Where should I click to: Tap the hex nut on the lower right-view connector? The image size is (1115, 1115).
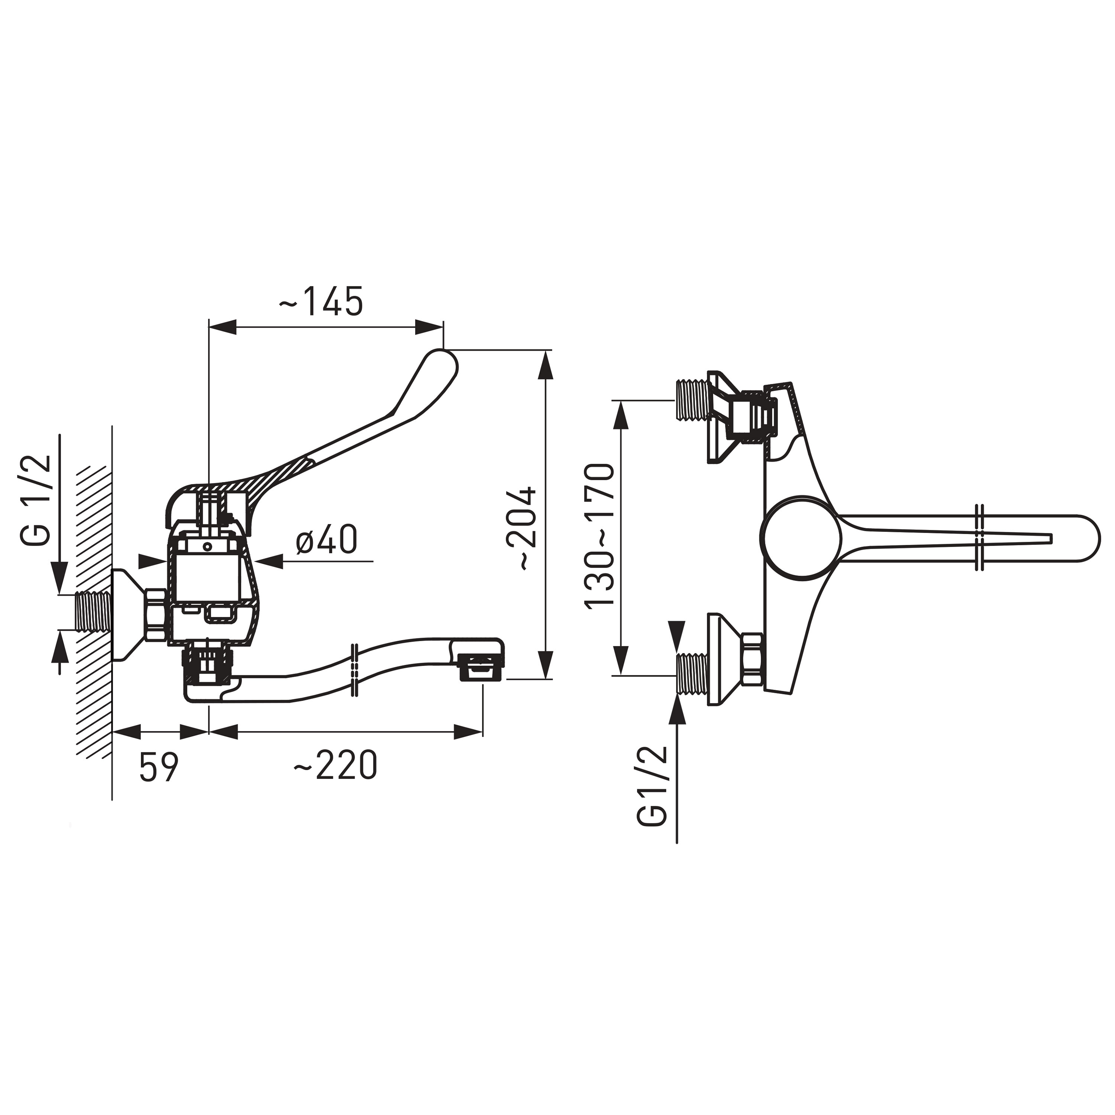coord(753,660)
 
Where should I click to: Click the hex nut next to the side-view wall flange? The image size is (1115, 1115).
coord(156,614)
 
